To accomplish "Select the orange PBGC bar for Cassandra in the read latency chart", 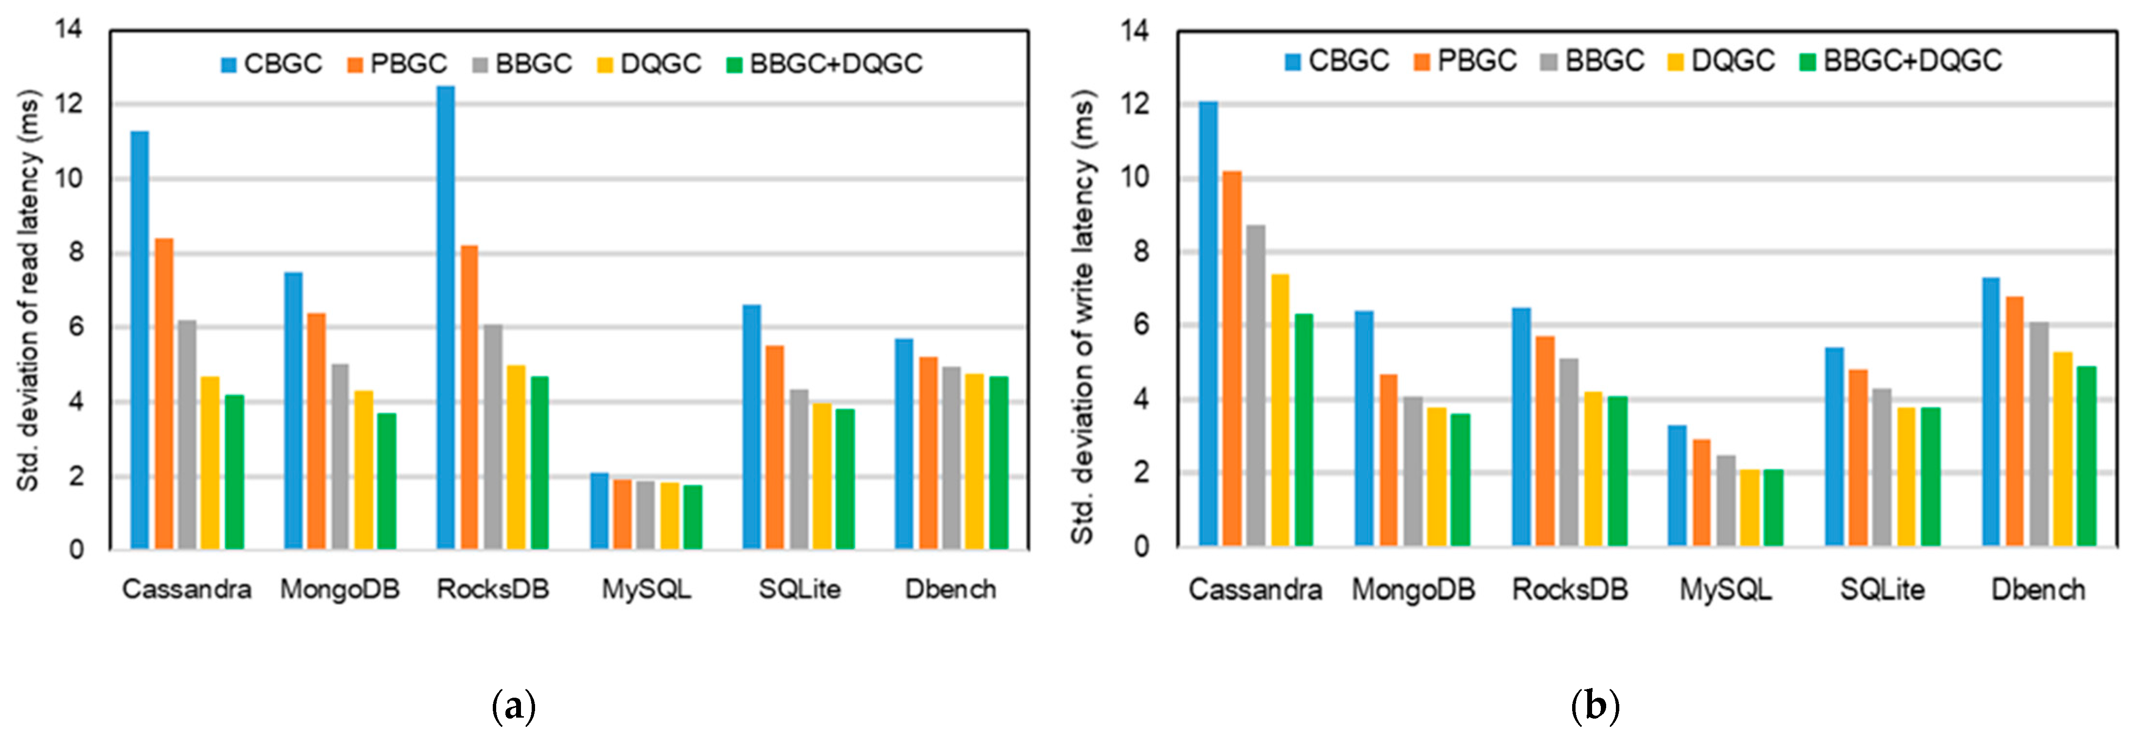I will pos(164,394).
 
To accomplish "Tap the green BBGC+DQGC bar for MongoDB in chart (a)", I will pos(386,481).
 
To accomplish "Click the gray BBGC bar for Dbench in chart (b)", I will pos(2039,434).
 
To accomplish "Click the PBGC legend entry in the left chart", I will pos(397,64).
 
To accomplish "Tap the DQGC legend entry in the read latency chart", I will pos(650,64).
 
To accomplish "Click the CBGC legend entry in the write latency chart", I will pos(1336,60).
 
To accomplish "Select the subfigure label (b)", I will pos(1594,707).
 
